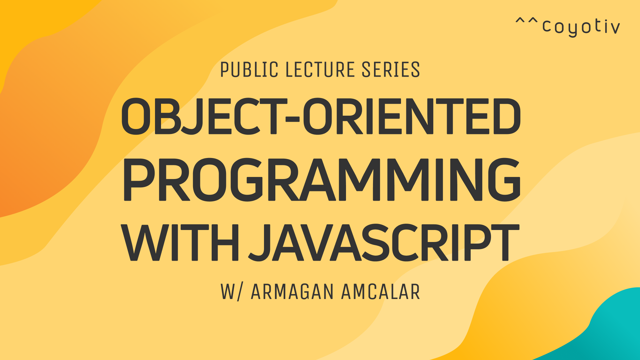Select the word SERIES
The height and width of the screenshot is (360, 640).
pos(391,70)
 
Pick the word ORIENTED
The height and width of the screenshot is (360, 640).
pos(411,116)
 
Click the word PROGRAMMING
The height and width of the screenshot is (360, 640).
pos(322,180)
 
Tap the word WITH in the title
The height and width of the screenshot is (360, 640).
pos(180,242)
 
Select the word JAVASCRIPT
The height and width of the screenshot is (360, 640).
pos(384,242)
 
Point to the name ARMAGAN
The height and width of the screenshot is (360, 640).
pos(292,292)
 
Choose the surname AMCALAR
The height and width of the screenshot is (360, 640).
pos(380,292)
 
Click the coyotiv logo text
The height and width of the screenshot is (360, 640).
pos(581,26)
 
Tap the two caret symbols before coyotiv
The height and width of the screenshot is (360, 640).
pos(527,21)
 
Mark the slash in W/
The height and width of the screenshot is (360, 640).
pos(239,292)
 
